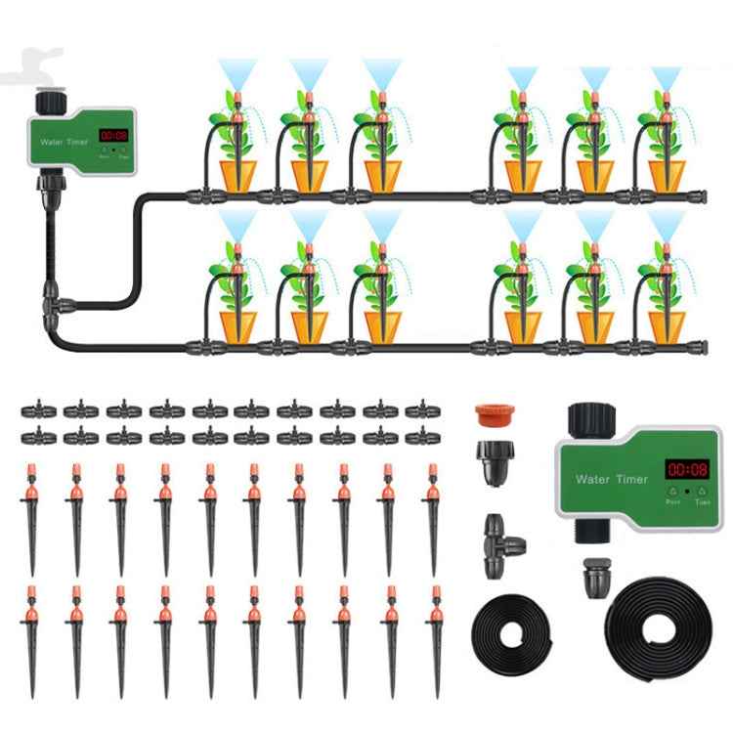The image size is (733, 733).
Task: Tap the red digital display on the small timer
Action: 113,136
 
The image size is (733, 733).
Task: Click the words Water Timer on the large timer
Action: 606,479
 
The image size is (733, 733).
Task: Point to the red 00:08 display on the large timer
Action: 686,469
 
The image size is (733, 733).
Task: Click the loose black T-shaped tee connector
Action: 501,535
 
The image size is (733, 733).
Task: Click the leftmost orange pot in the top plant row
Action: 237,175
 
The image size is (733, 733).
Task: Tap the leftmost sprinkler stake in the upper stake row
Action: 30,503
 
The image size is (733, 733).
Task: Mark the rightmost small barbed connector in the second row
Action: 421,434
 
